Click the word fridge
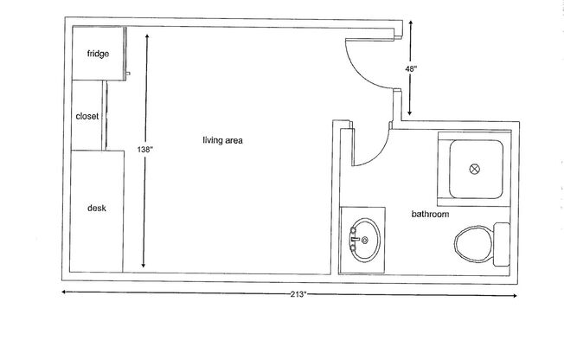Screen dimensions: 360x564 (97, 54)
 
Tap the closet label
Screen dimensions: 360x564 (87, 115)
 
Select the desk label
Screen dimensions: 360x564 (96, 208)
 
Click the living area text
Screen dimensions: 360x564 (222, 140)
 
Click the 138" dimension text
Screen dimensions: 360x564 (144, 150)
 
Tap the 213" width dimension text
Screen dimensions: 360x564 (298, 296)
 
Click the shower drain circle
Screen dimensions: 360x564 (473, 169)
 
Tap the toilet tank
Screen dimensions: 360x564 (501, 244)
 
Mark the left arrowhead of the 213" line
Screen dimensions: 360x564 (64, 292)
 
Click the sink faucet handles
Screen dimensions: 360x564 (353, 235)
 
